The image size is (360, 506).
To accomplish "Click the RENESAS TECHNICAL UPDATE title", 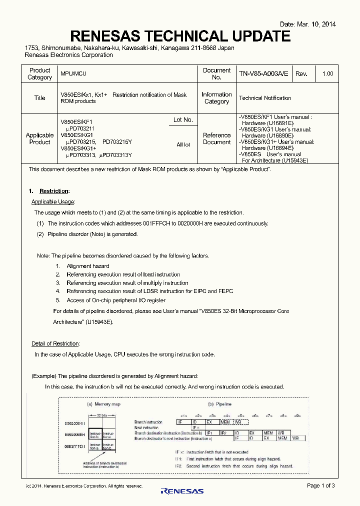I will point(180,36).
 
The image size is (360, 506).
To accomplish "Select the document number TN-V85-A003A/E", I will point(263,73).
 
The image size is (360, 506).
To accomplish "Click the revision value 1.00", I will point(327,73).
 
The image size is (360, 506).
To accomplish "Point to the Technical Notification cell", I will point(265,98).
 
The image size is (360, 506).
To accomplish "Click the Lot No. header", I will point(183,120).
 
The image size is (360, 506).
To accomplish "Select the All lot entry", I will point(183,144).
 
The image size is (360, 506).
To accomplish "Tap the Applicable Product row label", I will point(39,138).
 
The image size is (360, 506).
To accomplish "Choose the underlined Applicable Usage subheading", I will point(53,201).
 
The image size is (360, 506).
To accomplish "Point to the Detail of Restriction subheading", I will point(55,343).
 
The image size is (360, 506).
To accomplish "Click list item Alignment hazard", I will point(87,266).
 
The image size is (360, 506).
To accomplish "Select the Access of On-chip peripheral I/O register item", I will point(116,300).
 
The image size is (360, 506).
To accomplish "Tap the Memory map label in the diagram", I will point(104,403).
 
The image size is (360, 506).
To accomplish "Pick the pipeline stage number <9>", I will point(297,415).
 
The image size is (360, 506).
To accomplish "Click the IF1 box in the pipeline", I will point(209,432).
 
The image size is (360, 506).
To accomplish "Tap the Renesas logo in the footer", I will point(182,491).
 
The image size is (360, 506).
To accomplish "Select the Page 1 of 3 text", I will point(320,485).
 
